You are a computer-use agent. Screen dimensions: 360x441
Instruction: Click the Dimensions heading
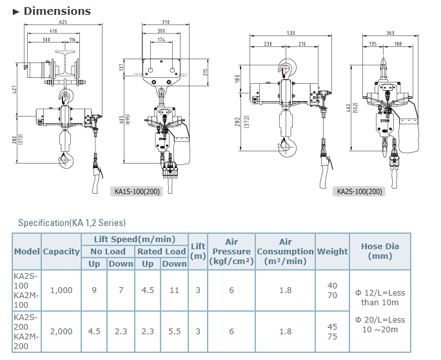pyautogui.click(x=57, y=11)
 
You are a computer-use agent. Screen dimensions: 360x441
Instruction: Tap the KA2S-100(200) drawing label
pyautogui.click(x=359, y=191)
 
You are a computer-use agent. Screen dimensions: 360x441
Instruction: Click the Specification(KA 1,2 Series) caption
pyautogui.click(x=72, y=223)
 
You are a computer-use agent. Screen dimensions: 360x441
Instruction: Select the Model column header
pyautogui.click(x=26, y=251)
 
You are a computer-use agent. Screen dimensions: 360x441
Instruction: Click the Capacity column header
pyautogui.click(x=61, y=251)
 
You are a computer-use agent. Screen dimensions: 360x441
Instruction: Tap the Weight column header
pyautogui.click(x=333, y=251)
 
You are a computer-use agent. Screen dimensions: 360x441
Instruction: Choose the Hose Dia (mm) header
pyautogui.click(x=380, y=251)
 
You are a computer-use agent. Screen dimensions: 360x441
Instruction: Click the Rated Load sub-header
pyautogui.click(x=161, y=251)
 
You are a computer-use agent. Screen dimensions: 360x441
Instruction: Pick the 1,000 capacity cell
pyautogui.click(x=61, y=290)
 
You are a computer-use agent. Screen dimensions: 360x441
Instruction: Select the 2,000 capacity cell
pyautogui.click(x=61, y=331)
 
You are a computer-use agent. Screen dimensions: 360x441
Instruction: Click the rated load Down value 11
pyautogui.click(x=174, y=290)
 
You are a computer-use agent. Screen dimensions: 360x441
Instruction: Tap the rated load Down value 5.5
pyautogui.click(x=174, y=331)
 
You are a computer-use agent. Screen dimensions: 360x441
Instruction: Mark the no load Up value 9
pyautogui.click(x=94, y=290)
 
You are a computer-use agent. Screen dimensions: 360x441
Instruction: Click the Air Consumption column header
pyautogui.click(x=285, y=251)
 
